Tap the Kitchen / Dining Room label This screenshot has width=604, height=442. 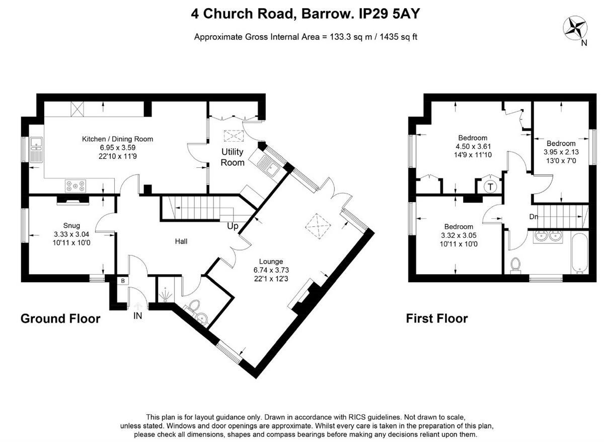pos(117,139)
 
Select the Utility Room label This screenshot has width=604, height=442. pos(232,157)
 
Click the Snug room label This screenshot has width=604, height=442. pos(71,225)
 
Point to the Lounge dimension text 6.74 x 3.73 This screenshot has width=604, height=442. pos(271,270)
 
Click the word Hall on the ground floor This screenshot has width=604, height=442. pos(181,241)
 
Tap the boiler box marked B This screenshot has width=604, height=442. pos(122,281)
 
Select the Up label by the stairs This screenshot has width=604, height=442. pos(233,226)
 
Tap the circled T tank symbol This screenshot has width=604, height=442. pos(489,186)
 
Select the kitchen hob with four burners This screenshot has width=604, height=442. pos(75,185)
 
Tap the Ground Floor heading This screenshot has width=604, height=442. pos(60,319)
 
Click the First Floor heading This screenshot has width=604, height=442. pos(437,319)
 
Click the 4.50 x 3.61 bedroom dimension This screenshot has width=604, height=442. pos(473,147)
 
